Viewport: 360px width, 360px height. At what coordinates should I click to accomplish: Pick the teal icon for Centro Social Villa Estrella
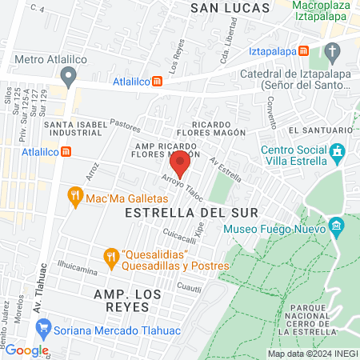coord(337,151)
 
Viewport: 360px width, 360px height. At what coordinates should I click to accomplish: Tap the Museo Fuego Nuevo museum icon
coord(337,226)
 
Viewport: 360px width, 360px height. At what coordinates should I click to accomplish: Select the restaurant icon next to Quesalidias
coord(111,256)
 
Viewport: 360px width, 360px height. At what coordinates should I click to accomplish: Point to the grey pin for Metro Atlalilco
coord(69,77)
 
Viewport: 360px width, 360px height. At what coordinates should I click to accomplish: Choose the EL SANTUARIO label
coord(321,130)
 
